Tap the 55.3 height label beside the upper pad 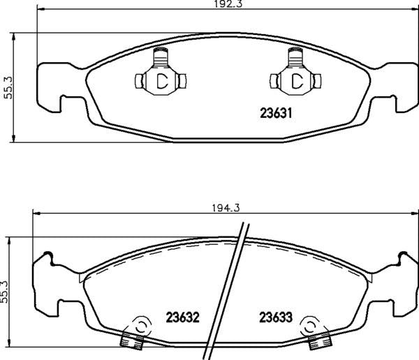click(8, 88)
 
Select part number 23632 click(183, 317)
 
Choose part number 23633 click(275, 317)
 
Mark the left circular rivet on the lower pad click(140, 326)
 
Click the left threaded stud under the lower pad click(132, 340)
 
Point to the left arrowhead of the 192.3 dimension click(38, 11)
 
